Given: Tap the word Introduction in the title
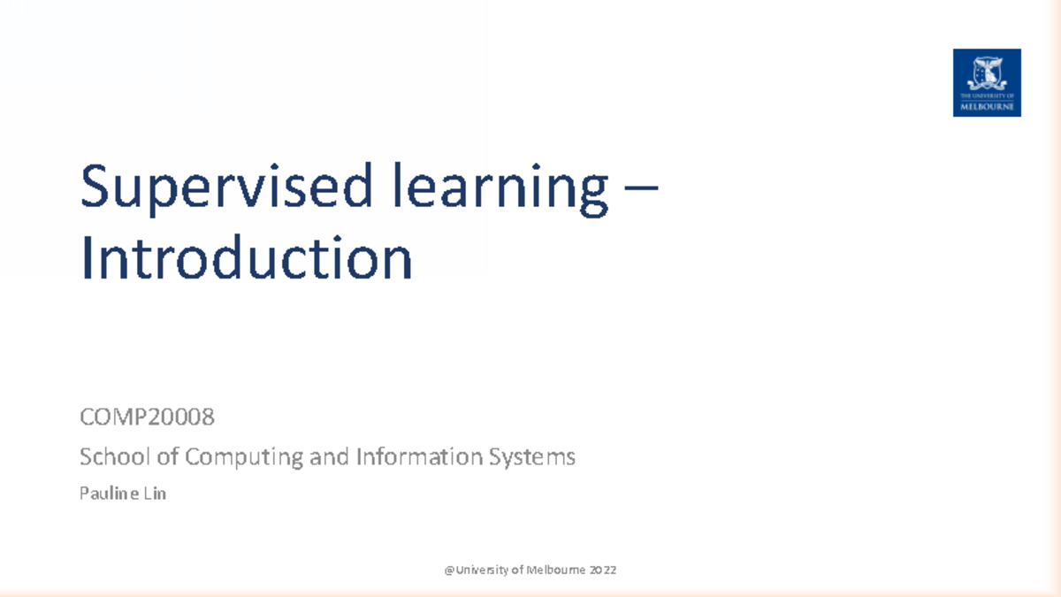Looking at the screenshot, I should click(247, 258).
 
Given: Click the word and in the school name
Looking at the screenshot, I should click(328, 457).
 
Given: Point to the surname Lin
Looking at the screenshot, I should click(154, 494).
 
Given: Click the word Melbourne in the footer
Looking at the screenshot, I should click(555, 570).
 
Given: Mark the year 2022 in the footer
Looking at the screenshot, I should click(603, 570).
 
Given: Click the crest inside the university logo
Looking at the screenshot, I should click(987, 72).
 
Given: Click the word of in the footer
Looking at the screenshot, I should click(516, 570).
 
